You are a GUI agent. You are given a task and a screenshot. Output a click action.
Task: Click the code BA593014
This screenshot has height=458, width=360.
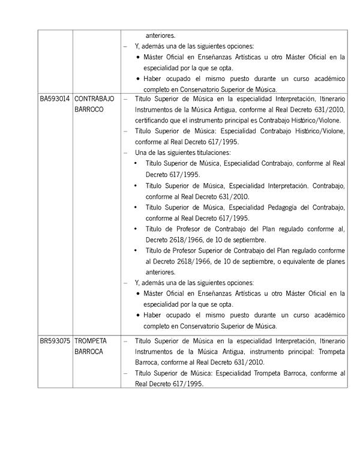tap(55, 98)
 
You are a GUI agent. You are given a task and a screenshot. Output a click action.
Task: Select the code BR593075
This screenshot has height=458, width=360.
tap(55, 340)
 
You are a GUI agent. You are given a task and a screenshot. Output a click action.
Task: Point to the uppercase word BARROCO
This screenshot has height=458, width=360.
tap(89, 110)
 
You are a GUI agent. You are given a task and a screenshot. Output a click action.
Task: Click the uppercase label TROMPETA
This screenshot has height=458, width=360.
tap(91, 340)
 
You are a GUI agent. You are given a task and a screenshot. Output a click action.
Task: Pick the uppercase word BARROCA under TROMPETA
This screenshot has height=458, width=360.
tap(89, 352)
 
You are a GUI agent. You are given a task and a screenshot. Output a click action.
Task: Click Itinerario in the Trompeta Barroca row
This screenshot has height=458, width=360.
tap(330, 340)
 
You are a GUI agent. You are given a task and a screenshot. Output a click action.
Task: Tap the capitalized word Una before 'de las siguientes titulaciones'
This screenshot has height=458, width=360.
tap(142, 153)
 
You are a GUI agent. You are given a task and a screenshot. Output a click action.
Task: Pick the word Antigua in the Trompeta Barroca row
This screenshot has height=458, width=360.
tap(212, 352)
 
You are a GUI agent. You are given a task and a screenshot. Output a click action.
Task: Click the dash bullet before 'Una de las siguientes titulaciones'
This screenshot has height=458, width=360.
tap(125, 153)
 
